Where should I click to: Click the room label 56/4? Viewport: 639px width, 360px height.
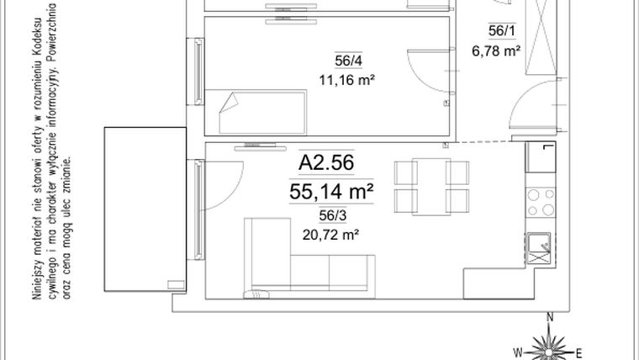346,60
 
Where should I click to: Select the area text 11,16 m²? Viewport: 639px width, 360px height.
346,81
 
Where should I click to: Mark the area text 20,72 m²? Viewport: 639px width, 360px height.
330,235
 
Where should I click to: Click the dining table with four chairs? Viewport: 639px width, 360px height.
432,187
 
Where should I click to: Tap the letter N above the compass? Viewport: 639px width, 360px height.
549,318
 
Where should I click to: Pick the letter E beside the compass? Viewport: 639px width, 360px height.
580,351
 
